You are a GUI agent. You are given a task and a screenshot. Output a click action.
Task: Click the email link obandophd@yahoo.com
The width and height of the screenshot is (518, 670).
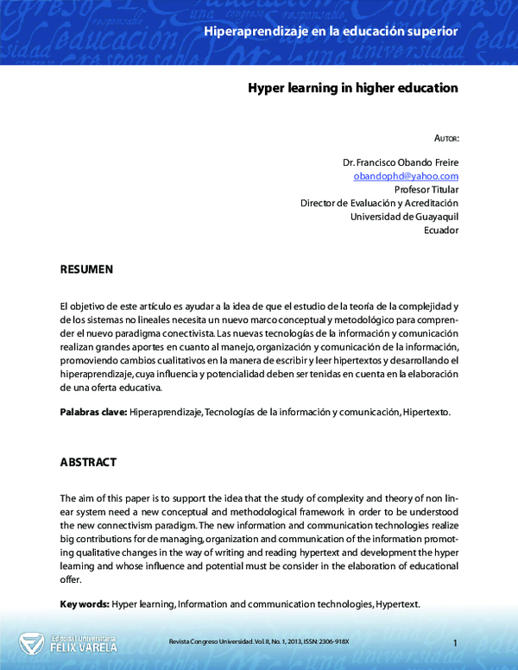pos(406,175)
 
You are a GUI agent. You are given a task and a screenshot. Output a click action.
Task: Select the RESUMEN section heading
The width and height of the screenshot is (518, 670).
pos(86,270)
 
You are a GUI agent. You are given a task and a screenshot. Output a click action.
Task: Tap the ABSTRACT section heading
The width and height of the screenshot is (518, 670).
pos(88,463)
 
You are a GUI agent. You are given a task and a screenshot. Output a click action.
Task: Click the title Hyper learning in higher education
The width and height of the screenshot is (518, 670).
pos(353,88)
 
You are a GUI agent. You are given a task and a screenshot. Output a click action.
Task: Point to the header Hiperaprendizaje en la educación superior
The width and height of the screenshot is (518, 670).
pos(331,32)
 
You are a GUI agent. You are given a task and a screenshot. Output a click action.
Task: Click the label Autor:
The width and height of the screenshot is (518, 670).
pos(446,138)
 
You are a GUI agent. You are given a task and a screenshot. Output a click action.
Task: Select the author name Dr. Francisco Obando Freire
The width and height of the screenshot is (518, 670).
pos(401,161)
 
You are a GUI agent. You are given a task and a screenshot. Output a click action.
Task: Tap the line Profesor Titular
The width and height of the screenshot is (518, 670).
pos(426,189)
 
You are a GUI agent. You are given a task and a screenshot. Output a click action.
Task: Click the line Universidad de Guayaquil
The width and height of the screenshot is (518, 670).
pos(404,217)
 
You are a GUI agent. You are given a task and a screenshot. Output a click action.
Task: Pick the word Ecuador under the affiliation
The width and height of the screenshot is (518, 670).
pos(441,231)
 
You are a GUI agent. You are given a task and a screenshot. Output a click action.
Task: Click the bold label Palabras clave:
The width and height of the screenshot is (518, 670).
pos(93,413)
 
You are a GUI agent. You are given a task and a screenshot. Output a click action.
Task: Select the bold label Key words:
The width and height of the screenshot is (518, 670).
pos(85,604)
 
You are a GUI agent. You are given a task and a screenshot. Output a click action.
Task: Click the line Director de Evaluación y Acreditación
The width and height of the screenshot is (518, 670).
pos(379,203)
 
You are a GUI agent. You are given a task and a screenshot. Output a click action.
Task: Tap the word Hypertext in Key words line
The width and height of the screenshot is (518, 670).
pos(398,604)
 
